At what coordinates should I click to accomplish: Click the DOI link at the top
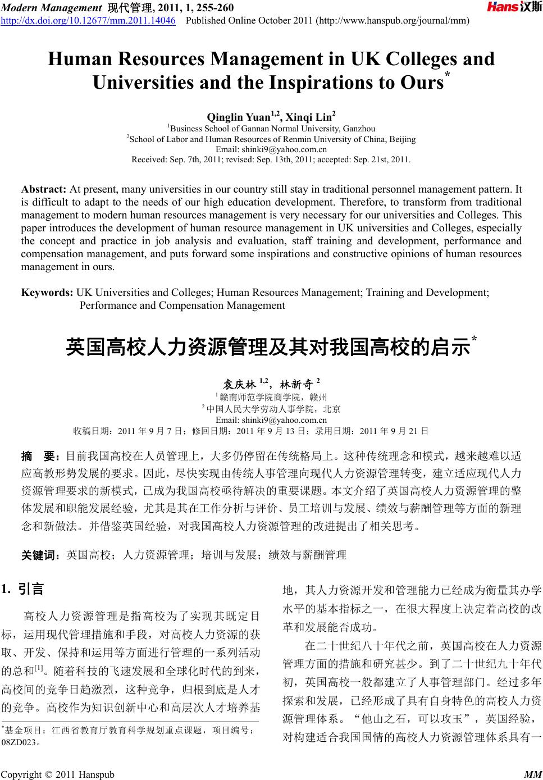[88, 21]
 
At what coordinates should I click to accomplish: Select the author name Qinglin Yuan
[239, 117]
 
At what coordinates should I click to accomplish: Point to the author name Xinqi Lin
[309, 117]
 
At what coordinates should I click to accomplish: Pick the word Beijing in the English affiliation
[401, 139]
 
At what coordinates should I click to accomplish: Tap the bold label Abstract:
[44, 189]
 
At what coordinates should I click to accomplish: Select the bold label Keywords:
[47, 293]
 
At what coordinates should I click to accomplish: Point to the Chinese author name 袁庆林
[239, 385]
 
